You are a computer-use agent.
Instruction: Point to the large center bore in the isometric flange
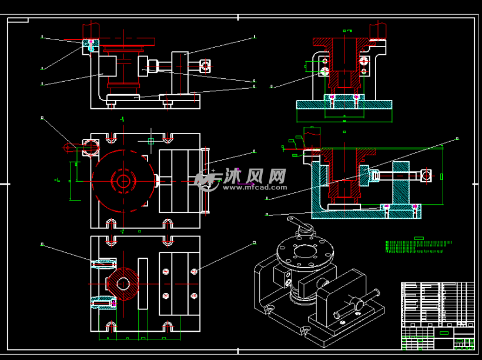point(304,253)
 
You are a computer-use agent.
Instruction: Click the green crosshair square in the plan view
point(151,141)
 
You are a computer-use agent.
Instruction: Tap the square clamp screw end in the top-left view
point(205,65)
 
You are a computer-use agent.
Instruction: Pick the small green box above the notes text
point(419,237)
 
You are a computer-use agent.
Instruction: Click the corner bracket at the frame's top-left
point(18,21)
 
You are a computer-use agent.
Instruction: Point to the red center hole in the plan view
point(123,180)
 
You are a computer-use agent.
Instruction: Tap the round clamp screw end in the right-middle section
point(425,175)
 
